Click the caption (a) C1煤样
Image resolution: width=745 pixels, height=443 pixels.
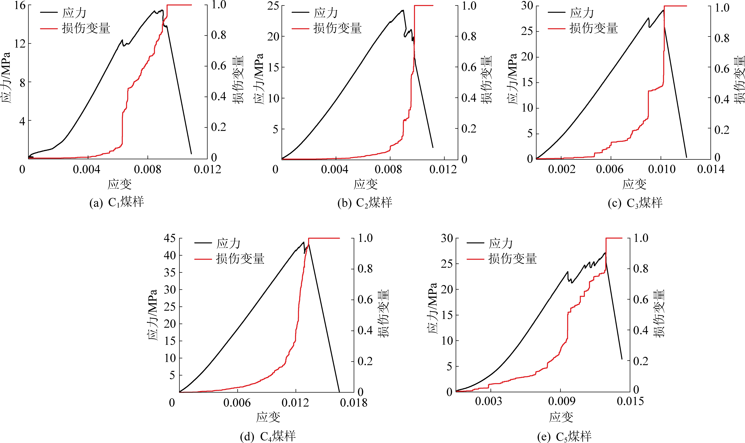pos(117,202)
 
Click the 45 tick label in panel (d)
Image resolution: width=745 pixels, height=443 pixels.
pos(170,238)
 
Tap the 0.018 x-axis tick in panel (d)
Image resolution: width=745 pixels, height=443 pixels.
pos(354,403)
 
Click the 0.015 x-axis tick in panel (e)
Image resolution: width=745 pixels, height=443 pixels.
pos(630,401)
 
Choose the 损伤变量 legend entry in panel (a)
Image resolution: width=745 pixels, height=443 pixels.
pos(86,28)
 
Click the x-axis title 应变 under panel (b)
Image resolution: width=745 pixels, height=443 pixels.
pos(365,184)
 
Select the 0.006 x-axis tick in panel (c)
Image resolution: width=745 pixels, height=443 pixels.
pos(610,169)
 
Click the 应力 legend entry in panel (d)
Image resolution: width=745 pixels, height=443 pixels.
pos(228,244)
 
